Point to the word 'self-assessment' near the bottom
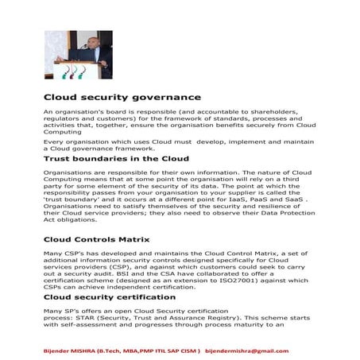click(x=87, y=323)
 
